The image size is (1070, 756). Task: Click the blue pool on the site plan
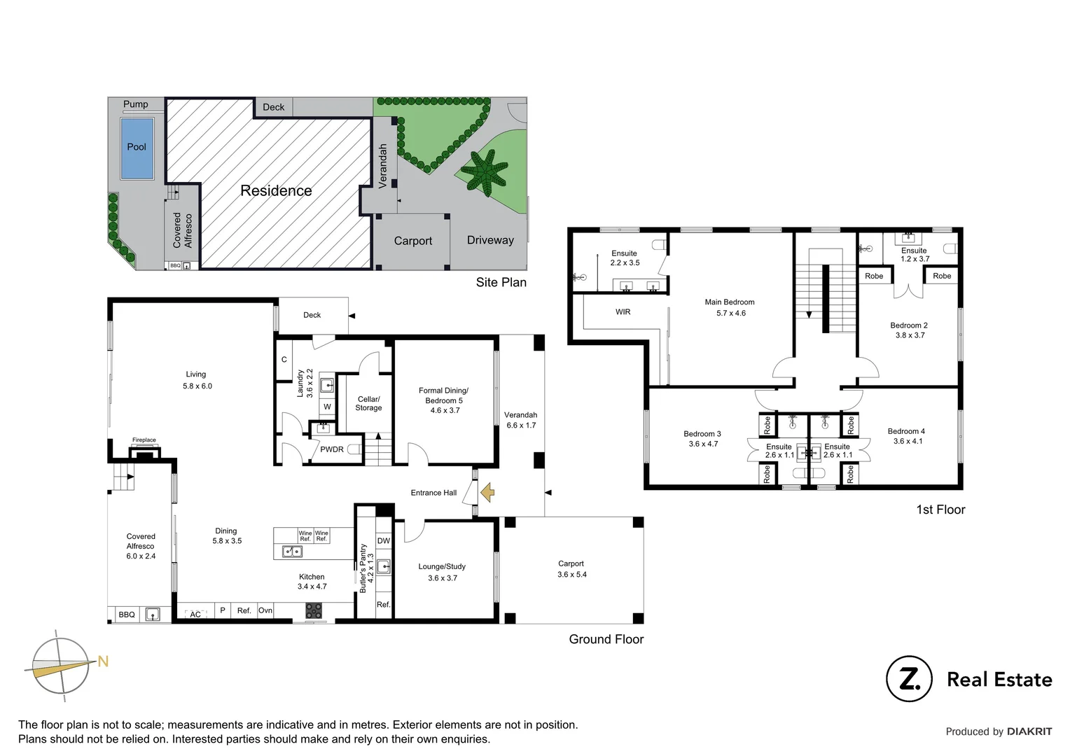137,148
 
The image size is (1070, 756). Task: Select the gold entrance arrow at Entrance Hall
487,493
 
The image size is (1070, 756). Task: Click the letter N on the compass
103,661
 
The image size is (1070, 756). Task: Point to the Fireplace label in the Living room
144,440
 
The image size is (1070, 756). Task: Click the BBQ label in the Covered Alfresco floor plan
127,615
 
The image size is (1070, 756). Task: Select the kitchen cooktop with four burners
314,611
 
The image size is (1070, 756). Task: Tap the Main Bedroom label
729,302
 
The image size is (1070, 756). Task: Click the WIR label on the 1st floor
623,312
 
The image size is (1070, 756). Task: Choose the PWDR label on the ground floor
332,449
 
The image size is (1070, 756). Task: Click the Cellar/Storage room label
368,403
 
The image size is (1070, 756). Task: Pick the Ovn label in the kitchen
265,610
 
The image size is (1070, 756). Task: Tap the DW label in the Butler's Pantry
384,541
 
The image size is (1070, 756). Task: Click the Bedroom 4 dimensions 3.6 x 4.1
908,441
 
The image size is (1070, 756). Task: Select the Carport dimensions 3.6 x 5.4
572,575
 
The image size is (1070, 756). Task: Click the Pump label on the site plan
136,104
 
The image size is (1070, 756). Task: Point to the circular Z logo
909,678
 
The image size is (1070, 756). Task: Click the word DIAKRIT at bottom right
1029,731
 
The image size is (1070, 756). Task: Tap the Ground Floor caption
606,639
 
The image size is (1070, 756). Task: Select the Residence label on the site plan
276,190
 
